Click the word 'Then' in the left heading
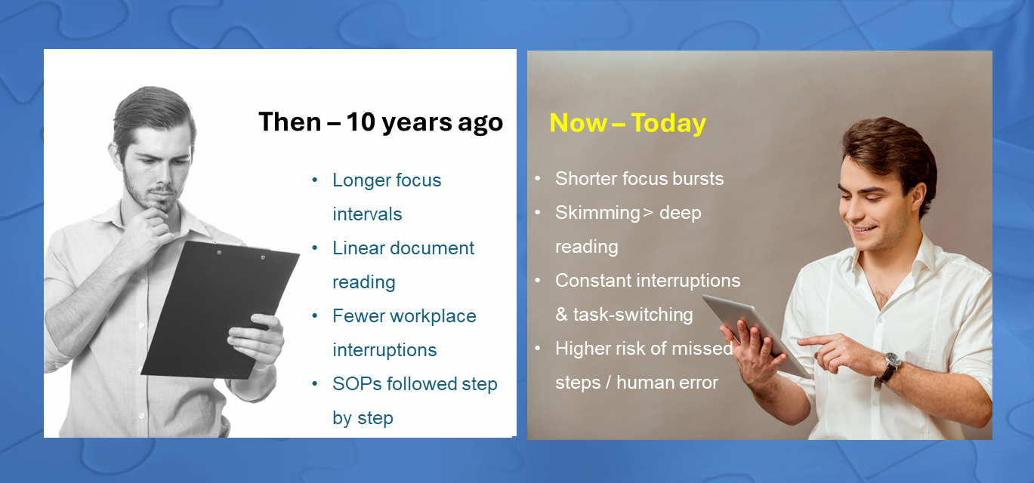[x=289, y=122]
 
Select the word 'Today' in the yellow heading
[x=668, y=124]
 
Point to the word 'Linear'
[x=358, y=248]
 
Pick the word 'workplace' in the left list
[x=433, y=317]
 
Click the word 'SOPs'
[x=356, y=384]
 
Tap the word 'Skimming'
[x=597, y=213]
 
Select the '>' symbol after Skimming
[x=648, y=213]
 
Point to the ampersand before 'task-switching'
[x=561, y=315]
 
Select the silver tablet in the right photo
[x=757, y=332]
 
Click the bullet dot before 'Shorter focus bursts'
[x=537, y=178]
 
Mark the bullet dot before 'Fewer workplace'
[x=315, y=316]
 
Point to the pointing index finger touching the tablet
[x=809, y=341]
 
